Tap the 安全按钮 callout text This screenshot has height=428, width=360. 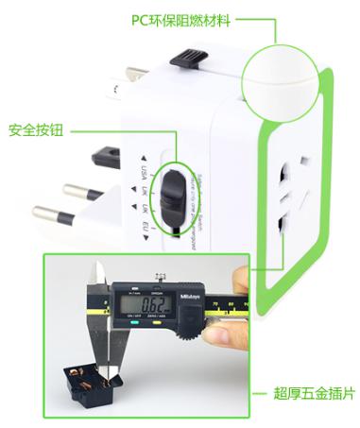pyautogui.click(x=34, y=130)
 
